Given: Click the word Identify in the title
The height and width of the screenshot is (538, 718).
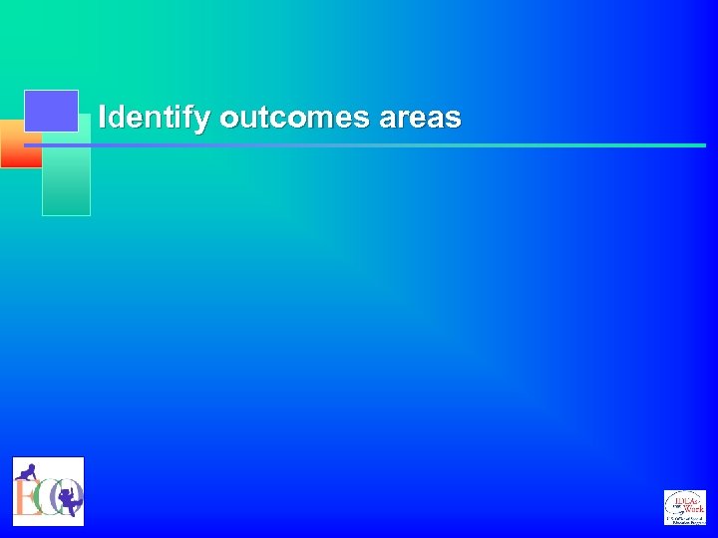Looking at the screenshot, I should pos(155,119).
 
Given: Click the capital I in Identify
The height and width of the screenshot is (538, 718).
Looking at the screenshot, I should pos(103,118).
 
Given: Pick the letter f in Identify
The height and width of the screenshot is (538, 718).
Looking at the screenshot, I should pos(190,118).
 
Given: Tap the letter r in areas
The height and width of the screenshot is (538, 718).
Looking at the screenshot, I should pos(403,120).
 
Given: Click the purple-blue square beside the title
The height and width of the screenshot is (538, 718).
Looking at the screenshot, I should pos(51,111).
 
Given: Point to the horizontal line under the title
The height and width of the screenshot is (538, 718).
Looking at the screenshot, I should pos(399,145).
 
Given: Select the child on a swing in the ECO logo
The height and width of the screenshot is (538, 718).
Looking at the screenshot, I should pos(69,498).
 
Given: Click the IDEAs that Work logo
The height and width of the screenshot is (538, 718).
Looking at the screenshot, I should pos(684,507).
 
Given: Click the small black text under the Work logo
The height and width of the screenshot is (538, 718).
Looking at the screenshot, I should pos(685,519).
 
